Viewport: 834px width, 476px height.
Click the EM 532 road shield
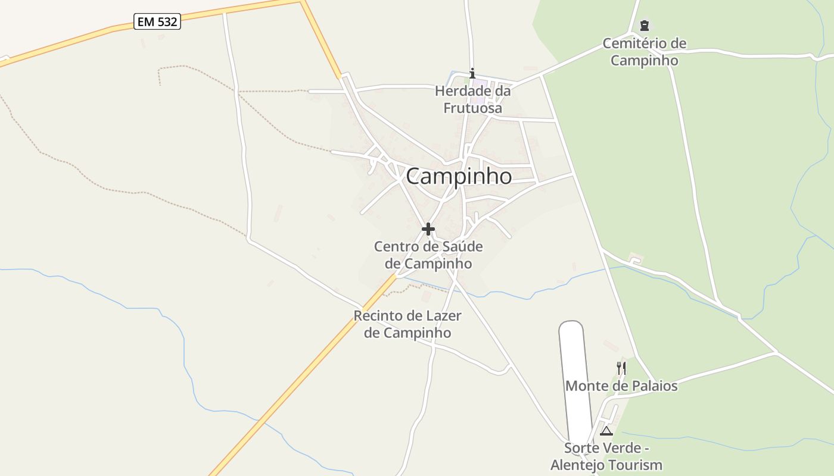[x=157, y=22]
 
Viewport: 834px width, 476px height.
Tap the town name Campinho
[x=459, y=176]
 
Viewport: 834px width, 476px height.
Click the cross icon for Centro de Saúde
[x=428, y=228]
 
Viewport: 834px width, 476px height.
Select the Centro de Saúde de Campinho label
[x=428, y=255]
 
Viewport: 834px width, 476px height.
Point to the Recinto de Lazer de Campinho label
[x=407, y=324]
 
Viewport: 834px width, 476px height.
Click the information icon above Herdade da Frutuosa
[x=472, y=73]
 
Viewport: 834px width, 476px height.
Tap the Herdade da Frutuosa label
[x=472, y=99]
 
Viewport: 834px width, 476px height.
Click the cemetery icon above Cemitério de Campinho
[x=644, y=26]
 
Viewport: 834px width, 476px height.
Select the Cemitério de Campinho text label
[x=644, y=52]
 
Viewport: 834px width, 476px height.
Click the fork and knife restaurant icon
[x=621, y=368]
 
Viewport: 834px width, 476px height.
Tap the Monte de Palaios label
[x=621, y=386]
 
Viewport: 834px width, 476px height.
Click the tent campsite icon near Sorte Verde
[x=606, y=431]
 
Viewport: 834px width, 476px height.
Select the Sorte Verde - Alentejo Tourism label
[x=606, y=456]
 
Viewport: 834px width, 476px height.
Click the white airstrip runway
[x=575, y=381]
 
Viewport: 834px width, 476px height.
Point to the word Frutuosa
[x=472, y=108]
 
